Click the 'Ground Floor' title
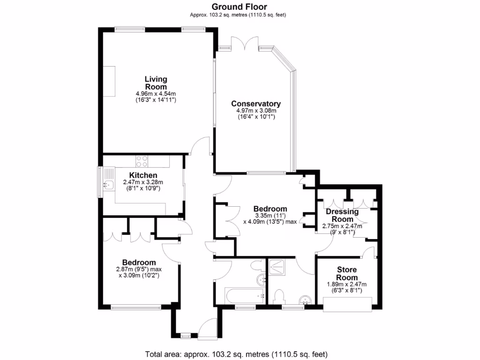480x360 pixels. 239,7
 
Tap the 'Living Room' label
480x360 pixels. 156,83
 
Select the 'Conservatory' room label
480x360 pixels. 256,104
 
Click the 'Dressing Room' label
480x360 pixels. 342,215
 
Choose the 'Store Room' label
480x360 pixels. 347,273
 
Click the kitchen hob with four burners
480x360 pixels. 142,161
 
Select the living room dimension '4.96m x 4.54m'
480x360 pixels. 156,94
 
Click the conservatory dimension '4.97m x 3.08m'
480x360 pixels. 256,111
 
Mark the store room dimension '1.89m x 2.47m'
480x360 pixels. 347,284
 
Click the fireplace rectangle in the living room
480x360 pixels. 109,81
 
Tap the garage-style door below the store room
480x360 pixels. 348,304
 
